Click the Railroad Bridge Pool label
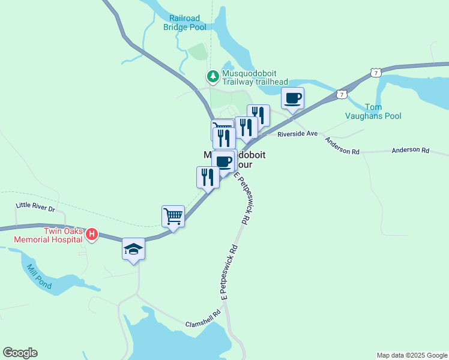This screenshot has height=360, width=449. tap(184, 23)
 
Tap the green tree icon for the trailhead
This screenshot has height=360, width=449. tap(212, 76)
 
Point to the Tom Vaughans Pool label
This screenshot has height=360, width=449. tap(373, 111)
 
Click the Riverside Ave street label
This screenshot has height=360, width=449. tap(297, 134)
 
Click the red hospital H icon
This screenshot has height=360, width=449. tap(91, 234)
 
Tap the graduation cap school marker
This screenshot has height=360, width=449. tap(133, 250)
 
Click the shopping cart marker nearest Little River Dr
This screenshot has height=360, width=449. tap(173, 216)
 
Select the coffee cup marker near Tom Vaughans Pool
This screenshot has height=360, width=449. tap(292, 98)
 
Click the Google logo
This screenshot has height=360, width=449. tap(20, 353)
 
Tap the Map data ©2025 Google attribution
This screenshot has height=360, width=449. tap(412, 355)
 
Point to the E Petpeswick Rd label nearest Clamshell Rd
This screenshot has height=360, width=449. tap(229, 272)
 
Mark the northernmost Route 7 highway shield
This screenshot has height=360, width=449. tap(376, 73)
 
